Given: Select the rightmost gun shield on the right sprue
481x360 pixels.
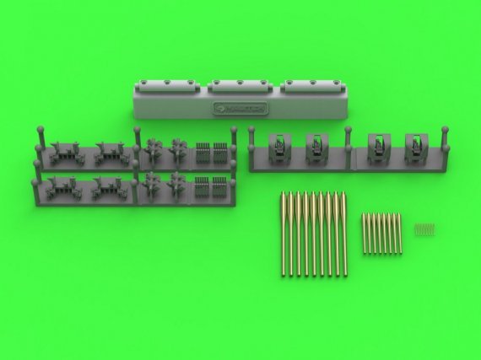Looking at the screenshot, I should click(x=415, y=146).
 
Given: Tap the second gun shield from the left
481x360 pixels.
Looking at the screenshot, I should click(x=314, y=146).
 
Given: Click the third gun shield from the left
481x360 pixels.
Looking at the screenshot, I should click(x=377, y=146).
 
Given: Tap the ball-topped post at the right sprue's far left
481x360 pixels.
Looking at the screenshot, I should click(x=250, y=133).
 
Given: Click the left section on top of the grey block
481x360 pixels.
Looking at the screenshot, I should click(x=166, y=84).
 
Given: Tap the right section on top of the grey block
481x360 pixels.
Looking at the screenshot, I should click(x=312, y=84).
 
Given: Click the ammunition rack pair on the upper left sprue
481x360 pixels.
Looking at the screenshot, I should click(x=211, y=153).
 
